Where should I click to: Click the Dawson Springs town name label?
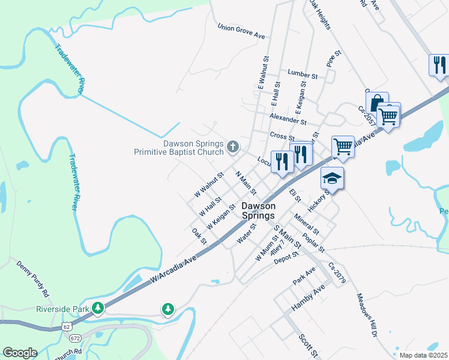pyautogui.click(x=258, y=211)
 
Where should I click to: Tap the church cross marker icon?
pyautogui.click(x=233, y=146)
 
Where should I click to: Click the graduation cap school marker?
pyautogui.click(x=332, y=178)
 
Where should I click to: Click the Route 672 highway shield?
pyautogui.click(x=75, y=338)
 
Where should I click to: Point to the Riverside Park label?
pyautogui.click(x=62, y=309)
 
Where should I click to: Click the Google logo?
pyautogui.click(x=20, y=352)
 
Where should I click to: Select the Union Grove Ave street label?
pyautogui.click(x=241, y=32)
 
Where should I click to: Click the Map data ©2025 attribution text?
pyautogui.click(x=423, y=355)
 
